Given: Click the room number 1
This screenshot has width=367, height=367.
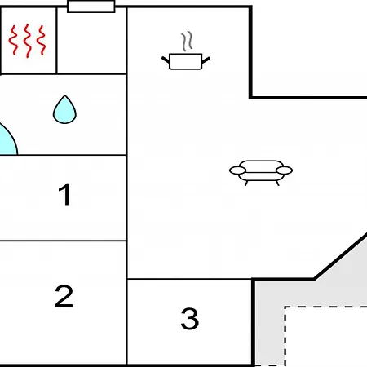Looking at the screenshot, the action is click(65, 194).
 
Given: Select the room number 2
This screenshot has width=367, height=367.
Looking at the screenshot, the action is click(64, 296).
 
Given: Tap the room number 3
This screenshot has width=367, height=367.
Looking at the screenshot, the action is click(190, 318).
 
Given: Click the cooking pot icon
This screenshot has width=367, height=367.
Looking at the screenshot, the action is click(186, 61).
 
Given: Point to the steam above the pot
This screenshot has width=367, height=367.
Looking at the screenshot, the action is click(187, 42).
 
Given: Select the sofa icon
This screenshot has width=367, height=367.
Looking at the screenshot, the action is click(261, 173).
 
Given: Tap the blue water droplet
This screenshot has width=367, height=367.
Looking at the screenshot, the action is click(64, 109).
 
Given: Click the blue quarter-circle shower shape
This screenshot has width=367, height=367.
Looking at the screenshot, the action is click(8, 141).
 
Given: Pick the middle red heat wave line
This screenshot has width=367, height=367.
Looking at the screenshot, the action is click(27, 41).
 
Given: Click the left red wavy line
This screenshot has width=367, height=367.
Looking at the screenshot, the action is click(13, 40).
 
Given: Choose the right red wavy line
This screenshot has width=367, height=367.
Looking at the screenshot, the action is click(42, 40).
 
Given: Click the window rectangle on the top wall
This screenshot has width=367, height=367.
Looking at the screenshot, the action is click(91, 7).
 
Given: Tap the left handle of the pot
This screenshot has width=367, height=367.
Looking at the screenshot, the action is click(166, 60).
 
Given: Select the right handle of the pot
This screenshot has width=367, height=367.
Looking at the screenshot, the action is click(206, 60).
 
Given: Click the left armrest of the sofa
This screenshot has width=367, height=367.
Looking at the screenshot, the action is click(238, 170).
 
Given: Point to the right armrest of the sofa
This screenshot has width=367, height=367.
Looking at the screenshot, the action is click(284, 170).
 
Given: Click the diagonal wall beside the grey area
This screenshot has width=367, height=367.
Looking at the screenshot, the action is click(341, 256).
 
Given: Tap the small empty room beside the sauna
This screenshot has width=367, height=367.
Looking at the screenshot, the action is click(91, 41).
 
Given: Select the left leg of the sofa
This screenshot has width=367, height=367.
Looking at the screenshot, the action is click(246, 183).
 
